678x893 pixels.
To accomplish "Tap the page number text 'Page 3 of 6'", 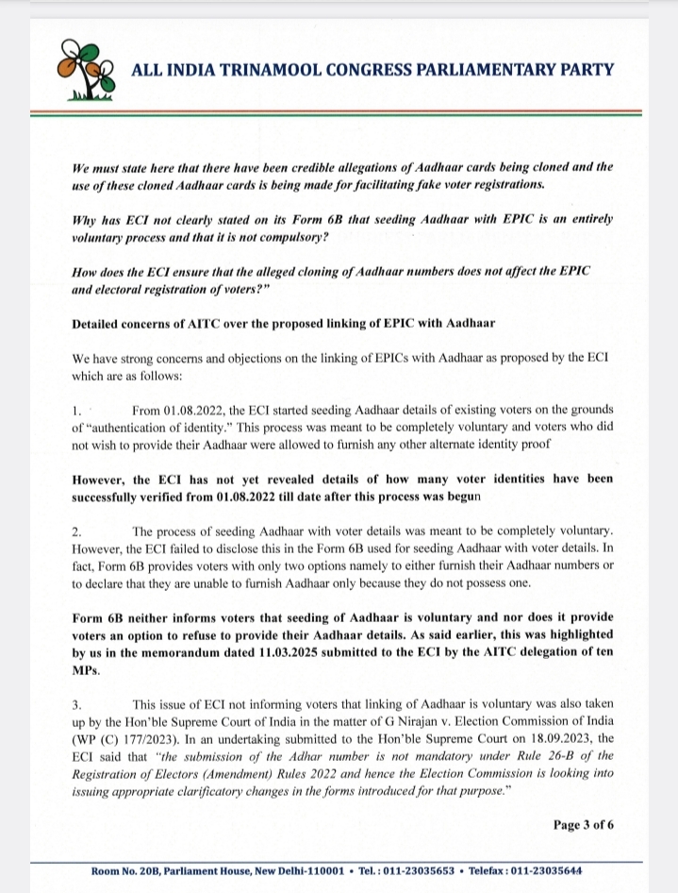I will coord(583,824).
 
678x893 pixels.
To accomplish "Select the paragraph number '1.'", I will coord(78,409).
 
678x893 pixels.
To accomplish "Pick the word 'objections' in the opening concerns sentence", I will coord(238,358).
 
